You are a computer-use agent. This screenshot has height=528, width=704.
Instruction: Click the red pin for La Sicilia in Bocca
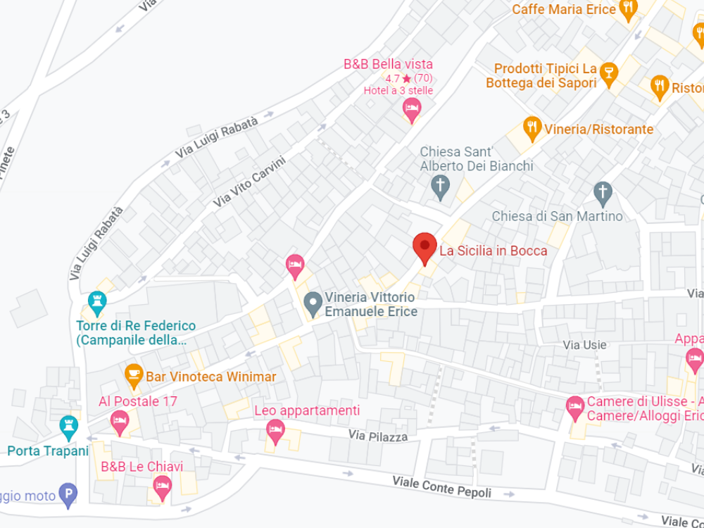click(424, 247)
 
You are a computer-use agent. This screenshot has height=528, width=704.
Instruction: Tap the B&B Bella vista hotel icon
click(412, 109)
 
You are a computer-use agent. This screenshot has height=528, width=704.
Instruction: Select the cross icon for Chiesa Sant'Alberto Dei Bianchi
click(440, 187)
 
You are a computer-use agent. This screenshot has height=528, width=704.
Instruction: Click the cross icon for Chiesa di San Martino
click(602, 191)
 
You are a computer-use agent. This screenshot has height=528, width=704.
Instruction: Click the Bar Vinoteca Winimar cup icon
click(133, 375)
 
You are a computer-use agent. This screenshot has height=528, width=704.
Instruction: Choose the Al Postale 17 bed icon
click(120, 422)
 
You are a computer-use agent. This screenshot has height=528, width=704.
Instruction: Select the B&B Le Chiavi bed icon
click(163, 486)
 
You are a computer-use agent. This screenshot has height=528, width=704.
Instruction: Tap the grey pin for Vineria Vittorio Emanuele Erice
click(312, 304)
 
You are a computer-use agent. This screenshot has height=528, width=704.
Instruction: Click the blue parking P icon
click(68, 495)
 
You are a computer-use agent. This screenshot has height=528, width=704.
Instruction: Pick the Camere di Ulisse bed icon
click(575, 406)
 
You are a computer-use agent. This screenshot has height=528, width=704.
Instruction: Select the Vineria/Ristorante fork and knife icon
click(533, 127)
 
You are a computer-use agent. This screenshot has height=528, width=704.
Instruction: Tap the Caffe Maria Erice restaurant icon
click(628, 8)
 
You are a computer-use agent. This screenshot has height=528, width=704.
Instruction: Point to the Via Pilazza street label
click(378, 436)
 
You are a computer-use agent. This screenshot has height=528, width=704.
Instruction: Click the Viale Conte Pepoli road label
click(441, 486)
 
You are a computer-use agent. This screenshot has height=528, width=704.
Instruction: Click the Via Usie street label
click(585, 345)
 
